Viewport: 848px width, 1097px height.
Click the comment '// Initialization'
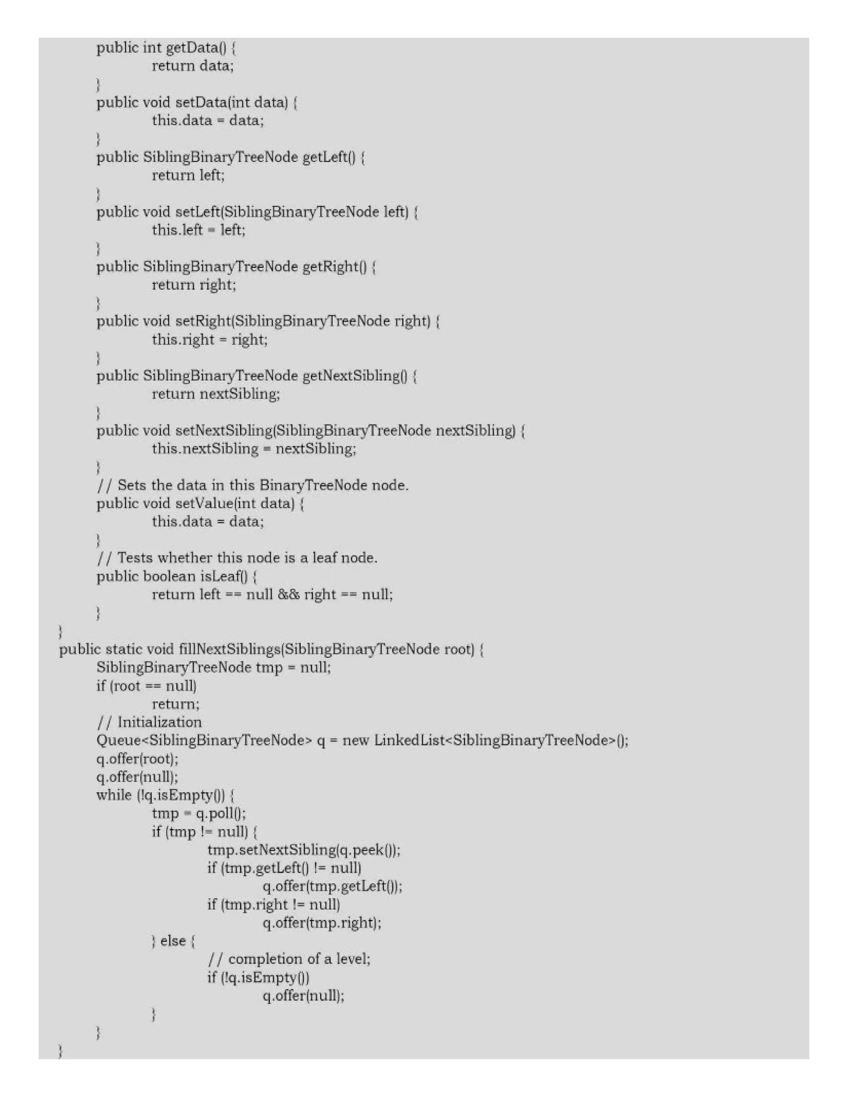(149, 722)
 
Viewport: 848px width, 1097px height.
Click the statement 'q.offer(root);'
(137, 758)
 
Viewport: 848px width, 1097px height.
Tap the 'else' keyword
(173, 941)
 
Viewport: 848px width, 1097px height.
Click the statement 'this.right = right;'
(210, 339)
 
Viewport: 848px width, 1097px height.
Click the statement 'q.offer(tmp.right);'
(321, 923)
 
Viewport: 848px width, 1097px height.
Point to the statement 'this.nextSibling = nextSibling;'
(254, 449)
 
